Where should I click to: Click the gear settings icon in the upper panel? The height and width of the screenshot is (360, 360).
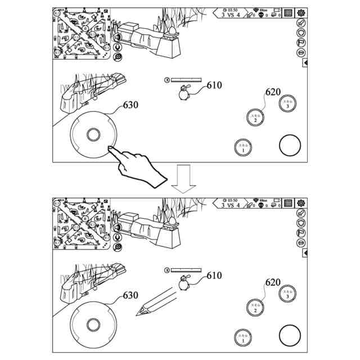pyautogui.click(x=301, y=13)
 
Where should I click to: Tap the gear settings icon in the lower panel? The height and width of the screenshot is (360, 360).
pyautogui.click(x=301, y=203)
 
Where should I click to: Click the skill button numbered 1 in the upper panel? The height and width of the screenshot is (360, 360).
pyautogui.click(x=242, y=148)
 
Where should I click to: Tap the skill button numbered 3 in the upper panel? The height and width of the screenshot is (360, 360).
pyautogui.click(x=288, y=103)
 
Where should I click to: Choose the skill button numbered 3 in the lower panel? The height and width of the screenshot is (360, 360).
pyautogui.click(x=288, y=294)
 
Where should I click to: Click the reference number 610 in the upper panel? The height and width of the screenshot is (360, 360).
pyautogui.click(x=214, y=86)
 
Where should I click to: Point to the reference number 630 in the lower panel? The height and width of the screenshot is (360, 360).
pyautogui.click(x=130, y=295)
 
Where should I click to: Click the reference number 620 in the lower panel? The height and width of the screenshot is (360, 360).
pyautogui.click(x=273, y=282)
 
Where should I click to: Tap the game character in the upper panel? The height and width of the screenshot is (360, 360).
pyautogui.click(x=184, y=94)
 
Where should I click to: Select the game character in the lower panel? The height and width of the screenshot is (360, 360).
pyautogui.click(x=184, y=284)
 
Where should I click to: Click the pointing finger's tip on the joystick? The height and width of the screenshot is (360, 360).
pyautogui.click(x=109, y=148)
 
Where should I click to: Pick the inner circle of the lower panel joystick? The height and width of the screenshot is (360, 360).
pyautogui.click(x=92, y=325)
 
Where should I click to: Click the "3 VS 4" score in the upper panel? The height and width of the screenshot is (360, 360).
pyautogui.click(x=231, y=16)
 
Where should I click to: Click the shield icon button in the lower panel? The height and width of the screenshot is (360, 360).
pyautogui.click(x=301, y=223)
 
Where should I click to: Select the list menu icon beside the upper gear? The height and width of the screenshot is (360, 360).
pyautogui.click(x=288, y=13)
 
